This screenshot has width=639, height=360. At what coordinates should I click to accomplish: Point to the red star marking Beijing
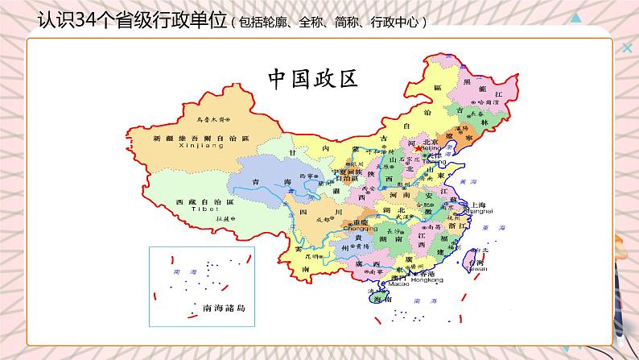coord(417,150)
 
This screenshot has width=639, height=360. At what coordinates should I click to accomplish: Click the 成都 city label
coord(324,218)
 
